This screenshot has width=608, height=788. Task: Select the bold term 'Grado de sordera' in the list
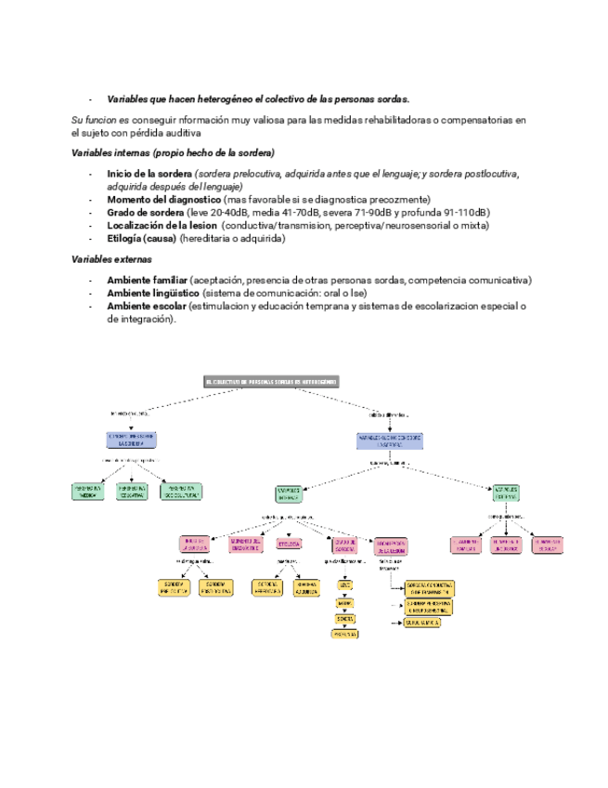pos(145,213)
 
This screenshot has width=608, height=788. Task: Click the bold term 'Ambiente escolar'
pos(146,306)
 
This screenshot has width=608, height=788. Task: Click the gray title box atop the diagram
pos(271,381)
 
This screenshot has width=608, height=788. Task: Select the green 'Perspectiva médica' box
pos(87,492)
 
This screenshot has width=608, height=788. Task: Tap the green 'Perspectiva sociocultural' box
pos(181,492)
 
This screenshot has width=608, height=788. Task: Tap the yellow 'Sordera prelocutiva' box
pos(176,587)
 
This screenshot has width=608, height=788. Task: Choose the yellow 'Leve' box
pos(344,586)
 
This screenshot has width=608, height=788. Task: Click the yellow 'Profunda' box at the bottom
pos(344,634)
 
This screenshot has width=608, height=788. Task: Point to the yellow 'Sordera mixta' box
pos(427,623)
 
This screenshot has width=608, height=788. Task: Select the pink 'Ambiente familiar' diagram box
pos(466,545)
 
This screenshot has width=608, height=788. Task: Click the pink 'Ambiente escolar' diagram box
pos(546,545)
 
